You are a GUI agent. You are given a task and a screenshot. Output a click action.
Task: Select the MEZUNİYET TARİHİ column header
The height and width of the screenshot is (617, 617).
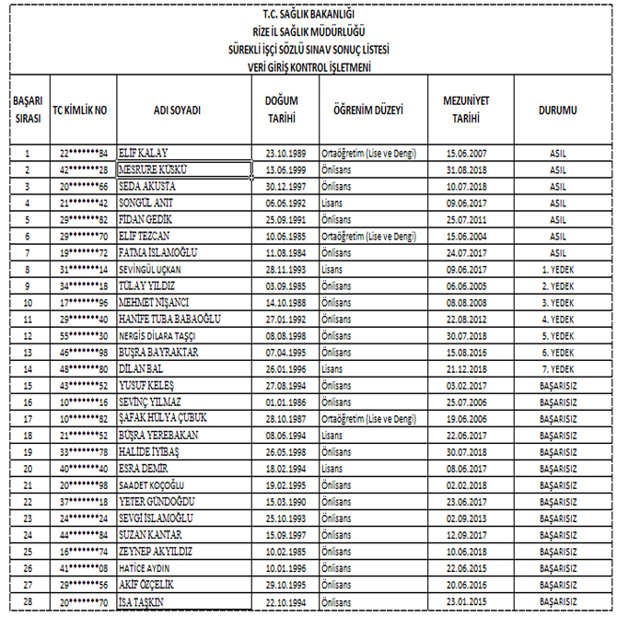(465, 109)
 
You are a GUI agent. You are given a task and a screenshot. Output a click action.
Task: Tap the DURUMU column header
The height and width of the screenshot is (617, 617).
(557, 110)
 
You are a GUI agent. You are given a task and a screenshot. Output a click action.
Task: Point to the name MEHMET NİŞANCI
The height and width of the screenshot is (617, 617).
(155, 301)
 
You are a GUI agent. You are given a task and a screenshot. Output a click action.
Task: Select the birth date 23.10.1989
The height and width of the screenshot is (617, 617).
(285, 153)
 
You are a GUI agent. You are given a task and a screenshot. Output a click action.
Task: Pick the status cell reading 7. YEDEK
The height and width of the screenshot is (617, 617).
(558, 367)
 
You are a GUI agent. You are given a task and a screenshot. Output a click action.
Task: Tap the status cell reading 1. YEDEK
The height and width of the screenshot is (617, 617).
(558, 269)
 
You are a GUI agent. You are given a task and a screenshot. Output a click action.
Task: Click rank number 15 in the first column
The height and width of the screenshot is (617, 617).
(28, 385)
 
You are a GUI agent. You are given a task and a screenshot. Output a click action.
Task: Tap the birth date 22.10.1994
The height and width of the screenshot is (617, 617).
(285, 601)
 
